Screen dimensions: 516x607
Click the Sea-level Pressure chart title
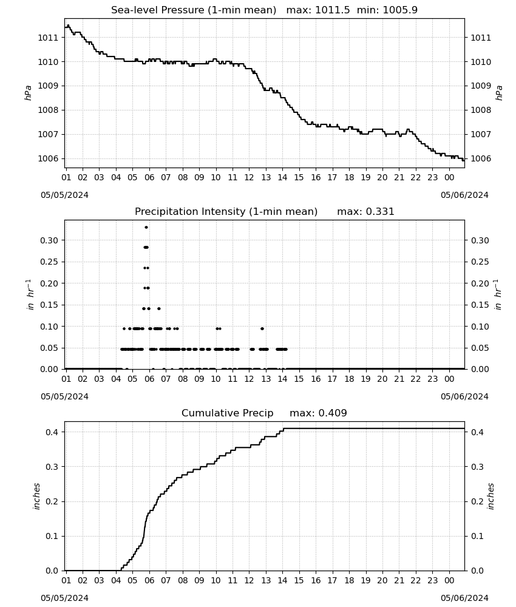(x=265, y=10)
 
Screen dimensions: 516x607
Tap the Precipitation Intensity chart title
(x=265, y=211)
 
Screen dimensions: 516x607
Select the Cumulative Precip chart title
(x=265, y=413)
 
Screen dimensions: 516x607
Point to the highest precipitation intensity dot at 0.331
(x=146, y=227)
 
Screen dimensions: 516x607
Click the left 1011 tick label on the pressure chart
(x=47, y=38)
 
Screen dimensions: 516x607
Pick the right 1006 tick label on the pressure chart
(x=481, y=158)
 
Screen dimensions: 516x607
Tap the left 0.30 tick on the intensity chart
(x=49, y=240)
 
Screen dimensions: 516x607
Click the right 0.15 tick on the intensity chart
(x=480, y=305)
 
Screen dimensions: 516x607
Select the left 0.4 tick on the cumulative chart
(x=52, y=432)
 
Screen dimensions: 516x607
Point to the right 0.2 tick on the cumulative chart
(x=477, y=501)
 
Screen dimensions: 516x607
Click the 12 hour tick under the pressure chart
(x=249, y=177)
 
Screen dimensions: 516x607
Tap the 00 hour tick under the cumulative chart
(x=449, y=580)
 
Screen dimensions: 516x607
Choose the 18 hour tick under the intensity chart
(x=349, y=379)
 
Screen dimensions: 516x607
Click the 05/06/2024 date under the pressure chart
(x=464, y=195)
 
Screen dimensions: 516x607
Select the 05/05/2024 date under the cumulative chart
(x=64, y=598)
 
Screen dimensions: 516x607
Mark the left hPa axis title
(x=28, y=93)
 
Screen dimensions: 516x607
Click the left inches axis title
(x=37, y=497)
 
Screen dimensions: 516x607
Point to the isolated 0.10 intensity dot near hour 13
(x=262, y=328)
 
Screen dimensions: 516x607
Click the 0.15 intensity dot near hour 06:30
(x=158, y=308)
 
